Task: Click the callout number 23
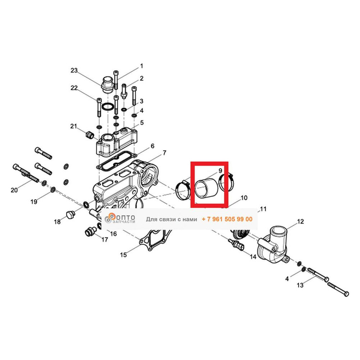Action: pos(74,70)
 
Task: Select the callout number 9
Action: pos(220,171)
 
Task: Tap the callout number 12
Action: pos(300,221)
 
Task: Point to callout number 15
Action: pos(123,255)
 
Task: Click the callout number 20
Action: pos(14,190)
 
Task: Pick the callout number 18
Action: pos(57,222)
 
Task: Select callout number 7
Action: pos(165,153)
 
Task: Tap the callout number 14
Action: pos(253,257)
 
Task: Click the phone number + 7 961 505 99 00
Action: pos(227,219)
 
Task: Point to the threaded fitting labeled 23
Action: pos(107,85)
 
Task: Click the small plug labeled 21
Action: pos(89,135)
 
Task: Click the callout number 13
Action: pos(300,285)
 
